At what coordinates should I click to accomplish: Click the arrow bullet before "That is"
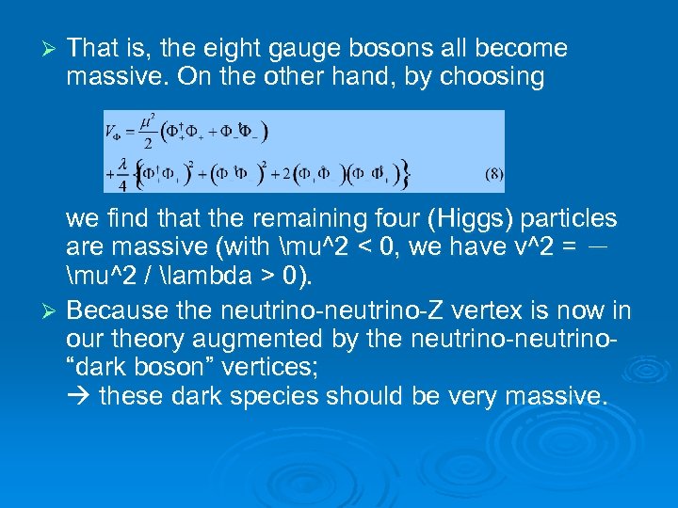(52, 48)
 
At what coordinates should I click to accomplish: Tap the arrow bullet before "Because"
(52, 311)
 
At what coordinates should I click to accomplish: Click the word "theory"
(146, 339)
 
